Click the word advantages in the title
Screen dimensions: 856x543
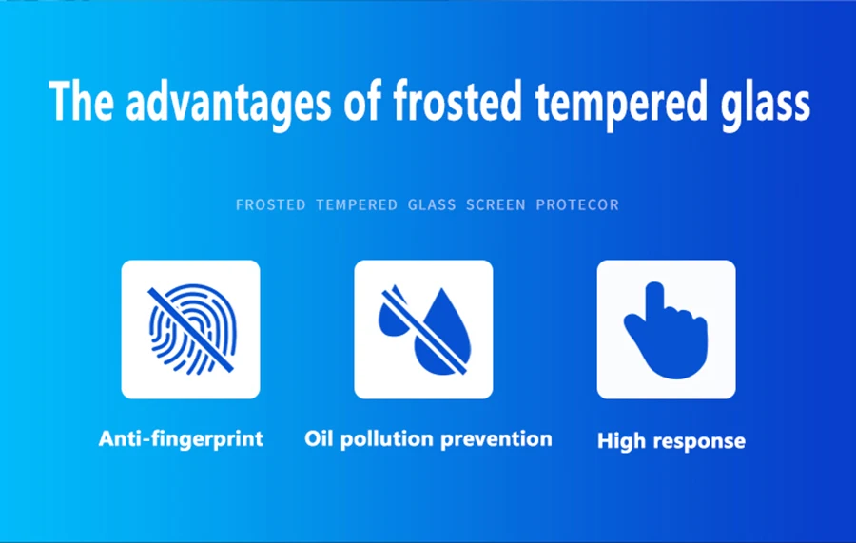(x=228, y=103)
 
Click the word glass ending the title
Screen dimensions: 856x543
(x=766, y=104)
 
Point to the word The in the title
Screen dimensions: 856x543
(x=82, y=101)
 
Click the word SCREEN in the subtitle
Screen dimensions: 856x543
(x=496, y=204)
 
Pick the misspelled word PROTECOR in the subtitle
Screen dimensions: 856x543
(x=577, y=204)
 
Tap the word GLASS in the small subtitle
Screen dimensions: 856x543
(x=432, y=204)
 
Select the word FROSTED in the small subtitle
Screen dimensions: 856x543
(x=271, y=204)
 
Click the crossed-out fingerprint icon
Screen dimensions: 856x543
(x=191, y=329)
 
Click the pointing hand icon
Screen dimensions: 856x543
(x=666, y=330)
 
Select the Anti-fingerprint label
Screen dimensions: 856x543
(x=182, y=439)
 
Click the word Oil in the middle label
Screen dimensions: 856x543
(x=319, y=438)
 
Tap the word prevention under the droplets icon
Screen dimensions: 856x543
(x=496, y=440)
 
